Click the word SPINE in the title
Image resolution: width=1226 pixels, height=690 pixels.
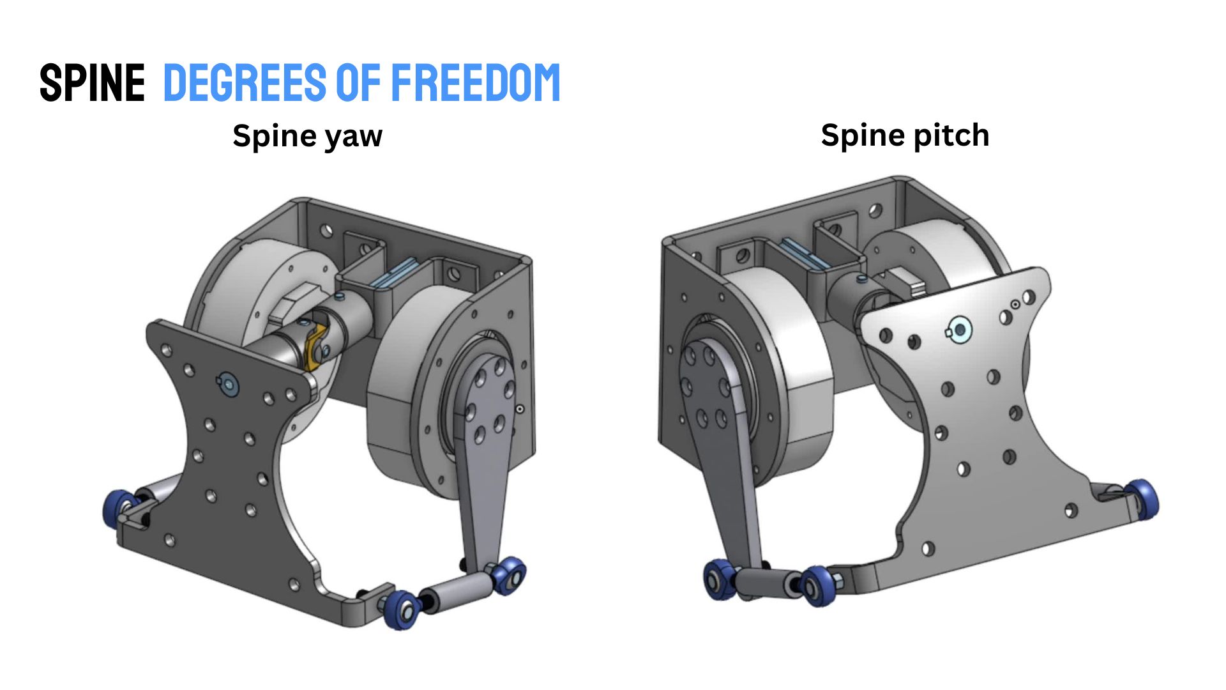93,82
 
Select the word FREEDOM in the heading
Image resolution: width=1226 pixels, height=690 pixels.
476,82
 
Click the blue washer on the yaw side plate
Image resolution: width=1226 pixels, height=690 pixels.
229,383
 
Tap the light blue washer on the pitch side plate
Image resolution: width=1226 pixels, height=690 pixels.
959,329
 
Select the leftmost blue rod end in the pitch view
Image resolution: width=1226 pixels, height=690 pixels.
720,580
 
